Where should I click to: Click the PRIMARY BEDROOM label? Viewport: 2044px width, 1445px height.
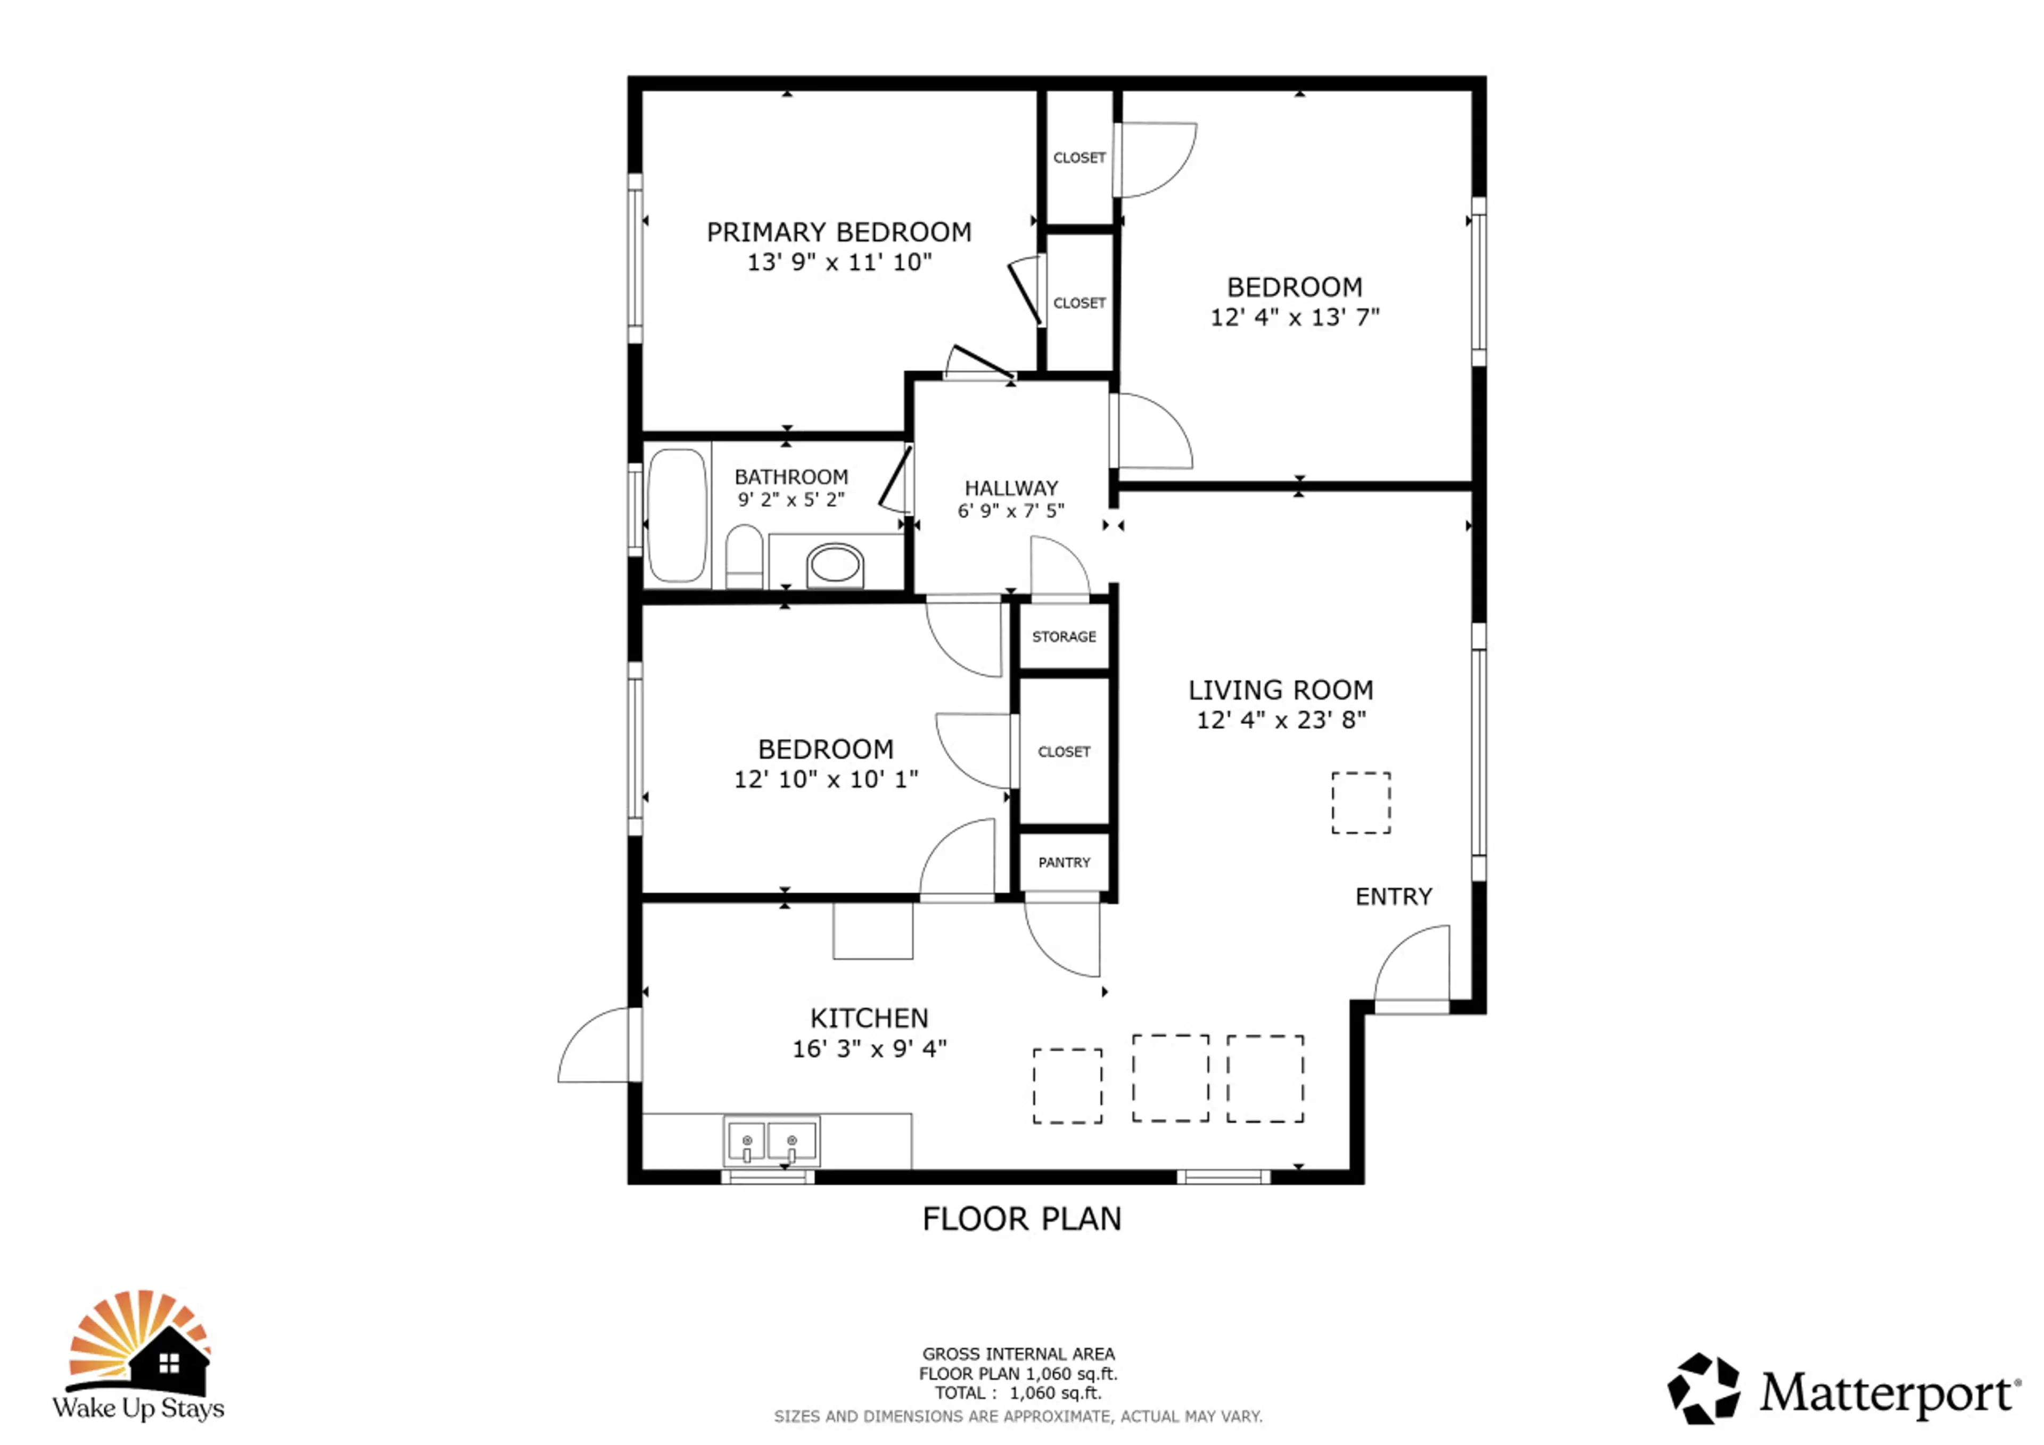point(838,233)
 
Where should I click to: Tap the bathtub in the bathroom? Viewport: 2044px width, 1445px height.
point(678,516)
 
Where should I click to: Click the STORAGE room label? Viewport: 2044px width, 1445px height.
point(1064,637)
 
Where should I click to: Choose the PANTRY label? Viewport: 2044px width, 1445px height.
point(1064,862)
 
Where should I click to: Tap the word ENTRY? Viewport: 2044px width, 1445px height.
point(1393,897)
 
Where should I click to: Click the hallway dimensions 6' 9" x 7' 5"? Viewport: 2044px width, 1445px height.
point(1010,511)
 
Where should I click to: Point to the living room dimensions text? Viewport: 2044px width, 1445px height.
point(1281,720)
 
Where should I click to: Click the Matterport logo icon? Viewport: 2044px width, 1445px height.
point(1703,1389)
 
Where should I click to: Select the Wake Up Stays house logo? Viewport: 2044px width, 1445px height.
point(139,1354)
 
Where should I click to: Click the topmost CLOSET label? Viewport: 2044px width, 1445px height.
point(1079,158)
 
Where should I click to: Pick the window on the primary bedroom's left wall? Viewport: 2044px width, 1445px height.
point(634,258)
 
